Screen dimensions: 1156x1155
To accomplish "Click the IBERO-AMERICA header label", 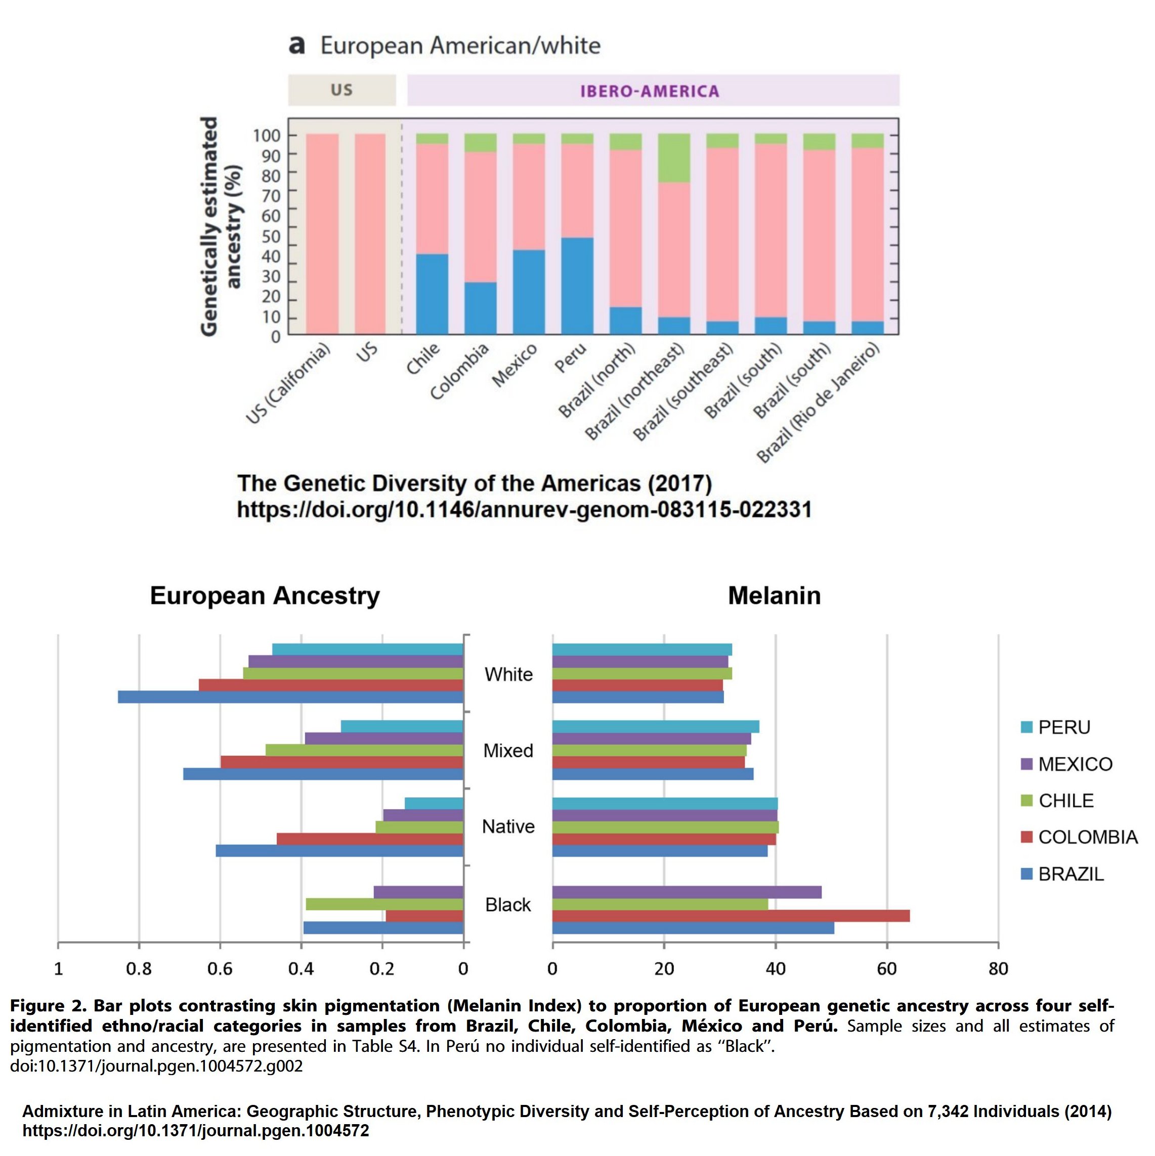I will coord(649,91).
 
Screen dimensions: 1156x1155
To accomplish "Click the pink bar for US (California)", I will coord(322,233).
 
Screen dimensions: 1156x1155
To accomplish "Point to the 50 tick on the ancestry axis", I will coord(271,236).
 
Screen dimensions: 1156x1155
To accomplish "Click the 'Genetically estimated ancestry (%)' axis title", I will coord(221,226).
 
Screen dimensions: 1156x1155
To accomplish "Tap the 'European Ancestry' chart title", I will coord(265,595).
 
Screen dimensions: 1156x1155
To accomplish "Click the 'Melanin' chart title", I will coord(774,595).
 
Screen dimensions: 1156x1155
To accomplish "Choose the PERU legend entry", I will coord(1063,727).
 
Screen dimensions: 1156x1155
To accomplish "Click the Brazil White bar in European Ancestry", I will coord(290,696).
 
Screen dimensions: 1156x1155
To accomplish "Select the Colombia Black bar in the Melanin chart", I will coord(731,915).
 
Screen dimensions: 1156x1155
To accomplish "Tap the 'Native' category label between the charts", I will coord(508,826).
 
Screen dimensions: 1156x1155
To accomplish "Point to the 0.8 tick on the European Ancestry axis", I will coord(139,968).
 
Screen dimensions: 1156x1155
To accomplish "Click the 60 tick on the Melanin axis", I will coord(887,968).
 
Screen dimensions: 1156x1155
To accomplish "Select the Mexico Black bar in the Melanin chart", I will coord(687,892).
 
